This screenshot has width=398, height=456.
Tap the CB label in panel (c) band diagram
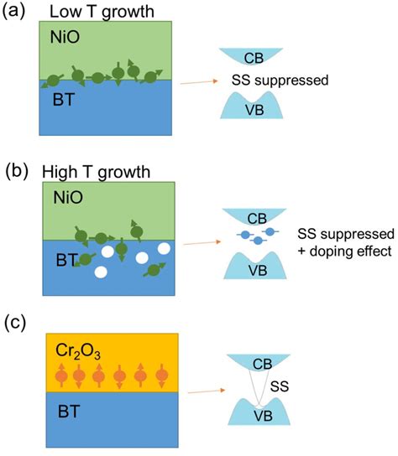point(263,365)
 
